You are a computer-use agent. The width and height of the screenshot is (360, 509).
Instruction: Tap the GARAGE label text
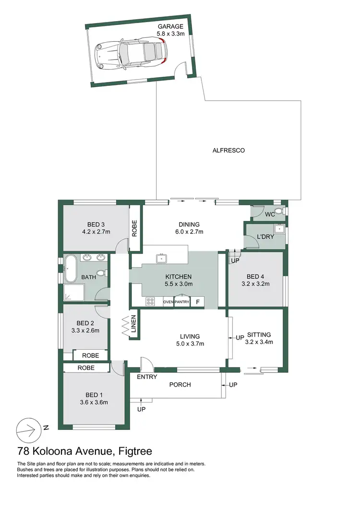click(170, 27)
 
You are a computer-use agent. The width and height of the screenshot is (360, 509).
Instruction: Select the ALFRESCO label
click(228, 150)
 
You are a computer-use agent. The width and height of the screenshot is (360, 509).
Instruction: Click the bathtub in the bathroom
click(71, 269)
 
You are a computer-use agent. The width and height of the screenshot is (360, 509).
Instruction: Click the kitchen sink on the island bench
click(161, 259)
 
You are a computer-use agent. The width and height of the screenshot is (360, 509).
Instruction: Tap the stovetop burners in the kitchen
click(150, 302)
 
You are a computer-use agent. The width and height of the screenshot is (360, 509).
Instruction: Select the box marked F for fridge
click(197, 302)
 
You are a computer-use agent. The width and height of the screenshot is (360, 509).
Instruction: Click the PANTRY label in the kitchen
click(182, 302)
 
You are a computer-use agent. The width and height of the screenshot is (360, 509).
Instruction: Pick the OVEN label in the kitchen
click(168, 302)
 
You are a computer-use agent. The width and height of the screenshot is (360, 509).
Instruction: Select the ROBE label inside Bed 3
click(134, 228)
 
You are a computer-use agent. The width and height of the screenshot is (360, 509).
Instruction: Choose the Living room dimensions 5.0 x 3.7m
click(190, 343)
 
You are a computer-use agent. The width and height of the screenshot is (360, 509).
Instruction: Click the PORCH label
click(180, 385)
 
